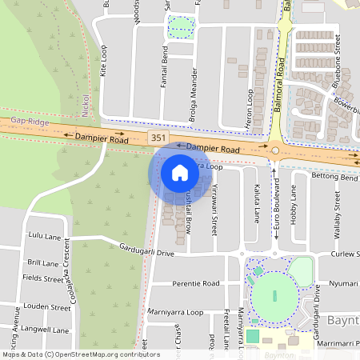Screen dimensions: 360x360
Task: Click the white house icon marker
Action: pyautogui.click(x=180, y=172)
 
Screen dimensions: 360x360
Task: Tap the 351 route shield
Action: pyautogui.click(x=158, y=139)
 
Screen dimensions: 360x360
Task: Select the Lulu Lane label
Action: pyautogui.click(x=45, y=237)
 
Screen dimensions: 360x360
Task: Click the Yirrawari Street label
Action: pyautogui.click(x=214, y=207)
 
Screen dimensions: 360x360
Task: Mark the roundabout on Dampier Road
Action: pyautogui.click(x=274, y=150)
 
